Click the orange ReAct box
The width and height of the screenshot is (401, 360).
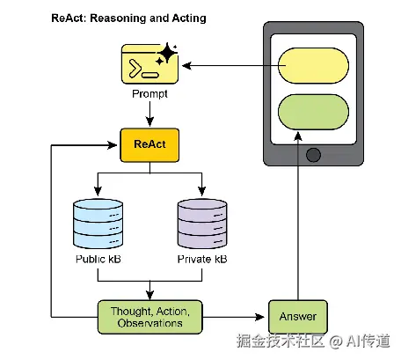pyautogui.click(x=149, y=145)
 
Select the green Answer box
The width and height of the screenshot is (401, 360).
pyautogui.click(x=298, y=317)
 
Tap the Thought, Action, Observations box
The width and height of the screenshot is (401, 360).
pyautogui.click(x=149, y=317)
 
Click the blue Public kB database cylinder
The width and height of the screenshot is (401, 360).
pyautogui.click(x=98, y=224)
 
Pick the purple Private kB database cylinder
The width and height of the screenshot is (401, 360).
pyautogui.click(x=202, y=224)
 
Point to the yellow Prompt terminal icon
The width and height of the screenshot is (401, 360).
pyautogui.click(x=149, y=63)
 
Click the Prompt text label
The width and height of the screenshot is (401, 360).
pyautogui.click(x=149, y=94)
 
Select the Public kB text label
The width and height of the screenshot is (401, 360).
pyautogui.click(x=98, y=259)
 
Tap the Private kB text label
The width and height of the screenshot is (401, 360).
pyautogui.click(x=202, y=259)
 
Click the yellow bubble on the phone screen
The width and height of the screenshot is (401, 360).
pyautogui.click(x=313, y=65)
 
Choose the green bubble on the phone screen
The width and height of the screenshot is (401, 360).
pyautogui.click(x=313, y=112)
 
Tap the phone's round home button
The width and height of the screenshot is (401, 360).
pyautogui.click(x=313, y=155)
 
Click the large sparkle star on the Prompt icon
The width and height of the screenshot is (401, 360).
pyautogui.click(x=167, y=53)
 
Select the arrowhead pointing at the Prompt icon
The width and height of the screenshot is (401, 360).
pyautogui.click(x=186, y=66)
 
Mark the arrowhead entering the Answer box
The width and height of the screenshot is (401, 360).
pyautogui.click(x=259, y=317)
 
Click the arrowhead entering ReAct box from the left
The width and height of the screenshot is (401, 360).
pyautogui.click(x=113, y=145)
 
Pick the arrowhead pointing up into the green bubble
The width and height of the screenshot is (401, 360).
pyautogui.click(x=298, y=136)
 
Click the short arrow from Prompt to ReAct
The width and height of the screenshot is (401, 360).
pyautogui.click(x=149, y=114)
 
